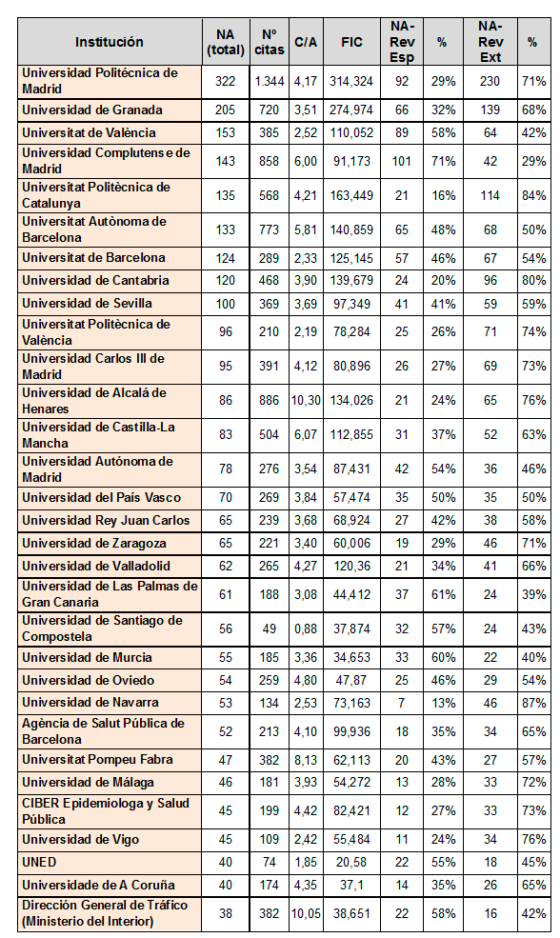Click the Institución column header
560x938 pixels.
click(110, 42)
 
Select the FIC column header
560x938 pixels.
click(351, 42)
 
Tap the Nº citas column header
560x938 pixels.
click(270, 42)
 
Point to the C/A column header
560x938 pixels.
click(306, 42)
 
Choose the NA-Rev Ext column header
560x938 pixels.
click(490, 42)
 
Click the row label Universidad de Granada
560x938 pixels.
click(92, 110)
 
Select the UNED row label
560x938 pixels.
click(39, 862)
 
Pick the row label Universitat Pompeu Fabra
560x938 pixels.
click(97, 760)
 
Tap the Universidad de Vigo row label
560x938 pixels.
click(81, 840)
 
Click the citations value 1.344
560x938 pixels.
click(270, 81)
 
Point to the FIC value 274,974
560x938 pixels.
click(351, 110)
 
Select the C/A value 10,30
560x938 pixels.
click(306, 400)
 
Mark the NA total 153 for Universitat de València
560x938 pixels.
click(226, 132)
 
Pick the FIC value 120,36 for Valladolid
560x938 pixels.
click(351, 566)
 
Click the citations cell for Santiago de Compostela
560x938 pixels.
click(270, 629)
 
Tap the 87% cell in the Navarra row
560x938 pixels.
click(533, 703)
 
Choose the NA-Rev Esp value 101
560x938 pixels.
click(402, 161)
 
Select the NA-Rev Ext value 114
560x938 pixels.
click(490, 195)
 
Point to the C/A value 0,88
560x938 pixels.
click(306, 629)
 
